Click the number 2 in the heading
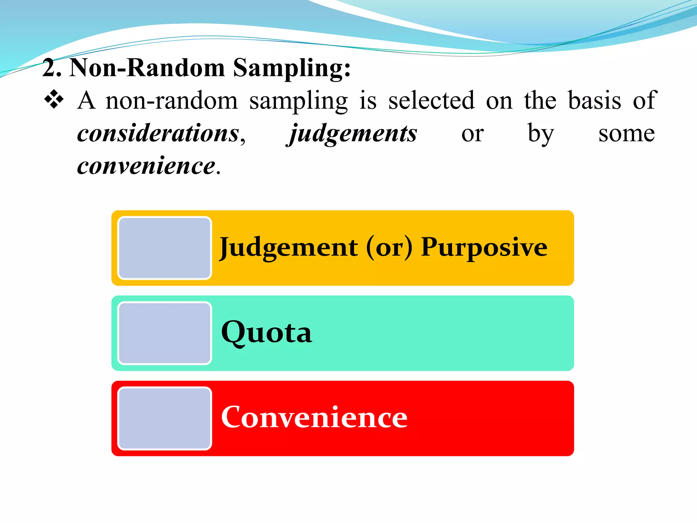[x=50, y=67]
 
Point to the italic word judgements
[x=353, y=134]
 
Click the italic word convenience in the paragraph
[x=146, y=166]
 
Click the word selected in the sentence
[x=431, y=100]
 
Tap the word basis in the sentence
[x=595, y=100]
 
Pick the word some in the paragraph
[x=626, y=133]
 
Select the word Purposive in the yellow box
[x=484, y=248]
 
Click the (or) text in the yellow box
[x=389, y=248]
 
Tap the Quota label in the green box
[x=266, y=332]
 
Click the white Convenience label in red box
[x=314, y=417]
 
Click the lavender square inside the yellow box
[x=165, y=248]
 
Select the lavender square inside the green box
[x=165, y=333]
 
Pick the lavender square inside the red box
[x=165, y=418]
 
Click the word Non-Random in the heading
[x=147, y=67]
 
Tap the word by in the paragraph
[x=541, y=133]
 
